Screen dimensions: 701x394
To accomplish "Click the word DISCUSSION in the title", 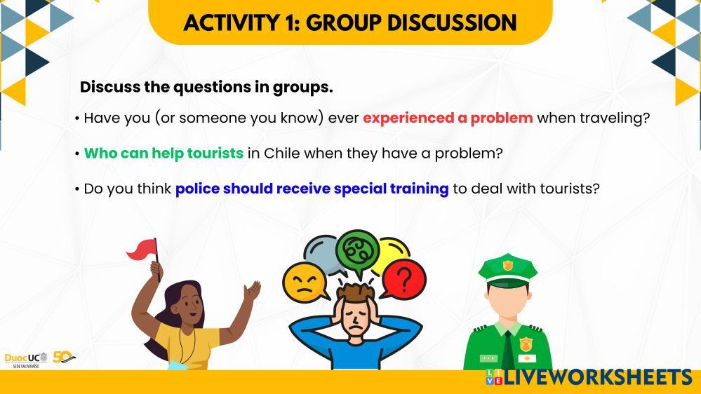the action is pyautogui.click(x=451, y=22).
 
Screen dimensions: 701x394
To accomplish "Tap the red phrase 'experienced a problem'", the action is pyautogui.click(x=448, y=118).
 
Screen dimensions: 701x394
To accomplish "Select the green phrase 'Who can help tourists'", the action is pyautogui.click(x=163, y=154).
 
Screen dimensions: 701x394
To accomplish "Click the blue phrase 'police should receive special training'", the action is pyautogui.click(x=312, y=189).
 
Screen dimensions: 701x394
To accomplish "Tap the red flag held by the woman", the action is pyautogui.click(x=142, y=250).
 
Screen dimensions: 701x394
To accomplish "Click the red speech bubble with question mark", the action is pyautogui.click(x=403, y=280).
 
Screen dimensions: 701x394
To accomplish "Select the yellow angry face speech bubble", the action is pyautogui.click(x=305, y=283).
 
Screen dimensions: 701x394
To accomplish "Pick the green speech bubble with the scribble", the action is pyautogui.click(x=358, y=252).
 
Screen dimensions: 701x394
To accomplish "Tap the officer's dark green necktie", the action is pyautogui.click(x=508, y=351).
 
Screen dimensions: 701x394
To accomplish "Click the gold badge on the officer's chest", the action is pyautogui.click(x=526, y=344).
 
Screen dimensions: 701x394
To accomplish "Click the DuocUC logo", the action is pyautogui.click(x=26, y=360).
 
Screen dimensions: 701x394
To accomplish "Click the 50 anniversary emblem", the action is pyautogui.click(x=64, y=357).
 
